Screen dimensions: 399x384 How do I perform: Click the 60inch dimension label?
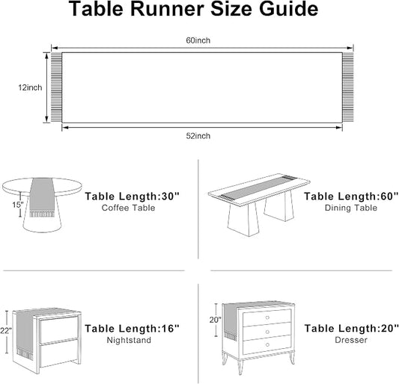point(198,40)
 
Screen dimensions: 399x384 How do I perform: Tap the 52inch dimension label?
point(198,136)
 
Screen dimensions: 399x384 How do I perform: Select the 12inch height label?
point(30,87)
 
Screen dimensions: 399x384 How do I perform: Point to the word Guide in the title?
point(288,9)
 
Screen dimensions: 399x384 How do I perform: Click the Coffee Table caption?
point(128,208)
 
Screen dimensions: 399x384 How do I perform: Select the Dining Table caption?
point(351,208)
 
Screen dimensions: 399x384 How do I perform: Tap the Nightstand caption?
point(129,340)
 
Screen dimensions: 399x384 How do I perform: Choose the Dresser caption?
point(351,340)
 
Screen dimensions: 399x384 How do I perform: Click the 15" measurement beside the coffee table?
point(18,205)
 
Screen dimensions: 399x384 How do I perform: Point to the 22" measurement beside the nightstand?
point(5,331)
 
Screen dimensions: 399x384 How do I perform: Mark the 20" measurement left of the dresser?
point(216,320)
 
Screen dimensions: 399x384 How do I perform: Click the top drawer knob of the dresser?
point(267,318)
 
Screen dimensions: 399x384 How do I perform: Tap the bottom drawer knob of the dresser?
point(267,344)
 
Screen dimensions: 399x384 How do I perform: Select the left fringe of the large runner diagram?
point(56,87)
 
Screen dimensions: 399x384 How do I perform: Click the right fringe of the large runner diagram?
point(348,87)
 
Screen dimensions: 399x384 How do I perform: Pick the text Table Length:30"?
point(132,196)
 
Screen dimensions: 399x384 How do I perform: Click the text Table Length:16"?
point(132,329)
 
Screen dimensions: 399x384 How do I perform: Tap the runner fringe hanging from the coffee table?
point(42,214)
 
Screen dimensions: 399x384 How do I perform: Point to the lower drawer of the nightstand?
point(59,354)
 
